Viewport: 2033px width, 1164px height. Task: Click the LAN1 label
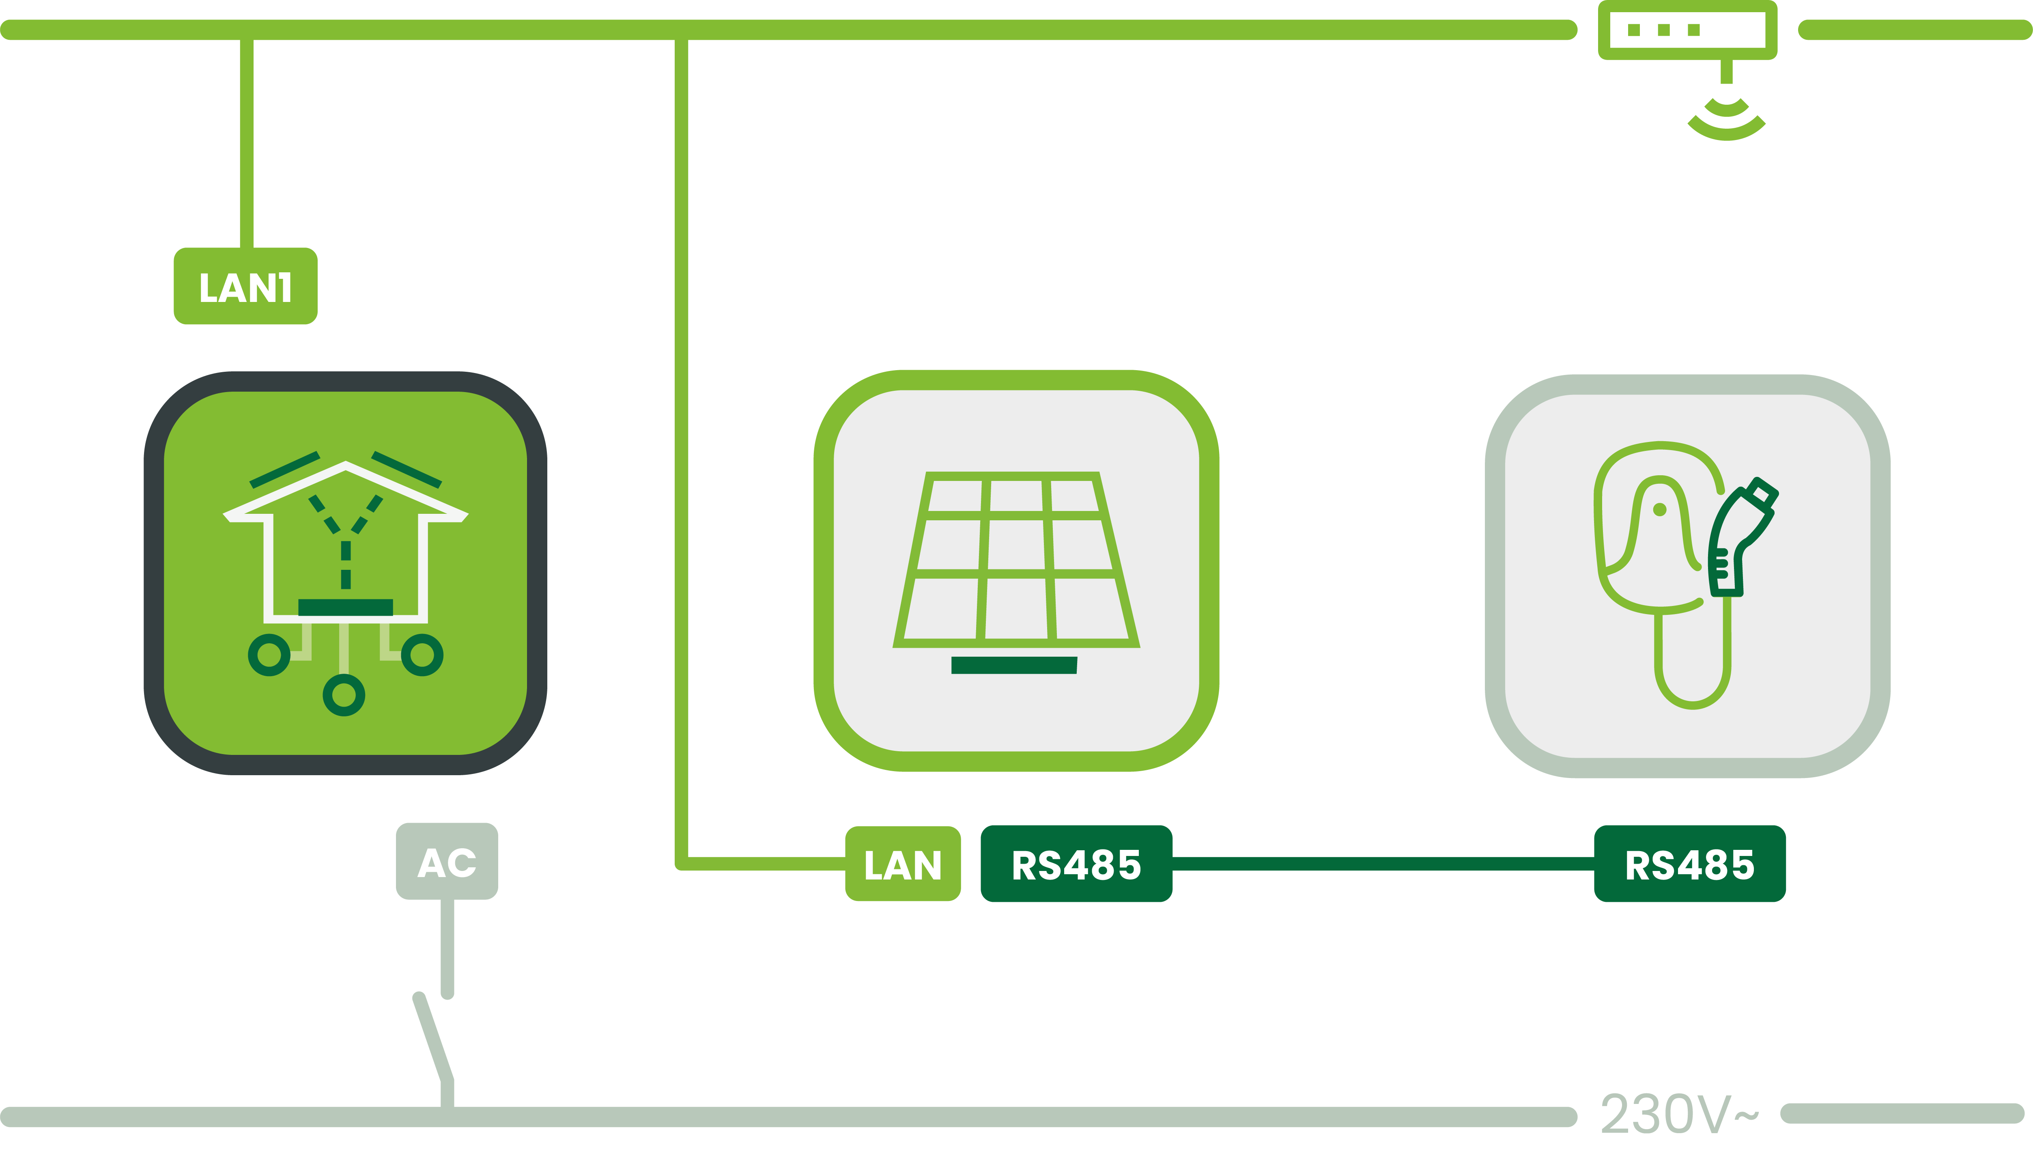245,286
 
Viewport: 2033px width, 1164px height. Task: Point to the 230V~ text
1678,1114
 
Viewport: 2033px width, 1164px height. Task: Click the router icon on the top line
1687,30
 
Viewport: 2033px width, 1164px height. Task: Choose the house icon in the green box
345,543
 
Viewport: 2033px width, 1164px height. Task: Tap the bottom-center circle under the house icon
344,695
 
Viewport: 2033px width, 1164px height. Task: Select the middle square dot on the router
1664,30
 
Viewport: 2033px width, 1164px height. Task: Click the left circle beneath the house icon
269,655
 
